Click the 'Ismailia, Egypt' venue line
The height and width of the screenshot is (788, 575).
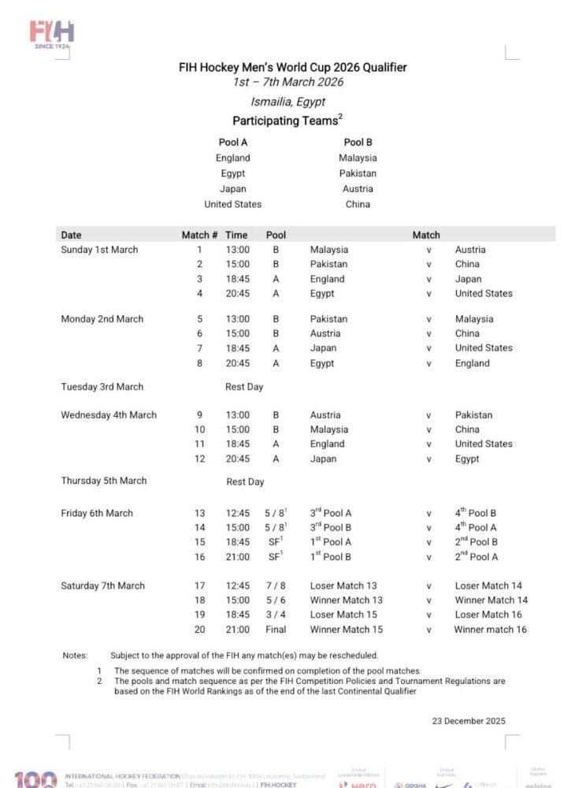click(x=287, y=102)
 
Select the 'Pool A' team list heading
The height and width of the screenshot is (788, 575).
click(x=233, y=143)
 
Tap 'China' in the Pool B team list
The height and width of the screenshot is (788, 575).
click(x=358, y=204)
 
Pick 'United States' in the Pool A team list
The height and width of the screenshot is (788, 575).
click(x=233, y=204)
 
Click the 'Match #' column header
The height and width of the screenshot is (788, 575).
click(x=200, y=235)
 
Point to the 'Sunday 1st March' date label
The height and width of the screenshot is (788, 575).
click(x=99, y=250)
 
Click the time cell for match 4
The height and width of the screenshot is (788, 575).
click(x=237, y=293)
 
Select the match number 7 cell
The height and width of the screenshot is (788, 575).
click(x=200, y=348)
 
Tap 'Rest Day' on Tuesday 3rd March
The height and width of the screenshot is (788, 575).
click(x=244, y=387)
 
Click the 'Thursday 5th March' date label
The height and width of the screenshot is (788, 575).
click(x=104, y=481)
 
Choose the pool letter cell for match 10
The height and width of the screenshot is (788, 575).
click(x=276, y=429)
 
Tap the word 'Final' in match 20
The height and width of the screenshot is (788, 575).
click(x=276, y=630)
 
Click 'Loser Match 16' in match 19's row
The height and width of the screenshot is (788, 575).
click(x=488, y=615)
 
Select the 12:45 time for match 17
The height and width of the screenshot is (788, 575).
click(x=237, y=585)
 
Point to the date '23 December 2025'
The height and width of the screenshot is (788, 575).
click(x=469, y=720)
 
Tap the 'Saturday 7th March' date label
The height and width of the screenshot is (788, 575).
click(x=103, y=585)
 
